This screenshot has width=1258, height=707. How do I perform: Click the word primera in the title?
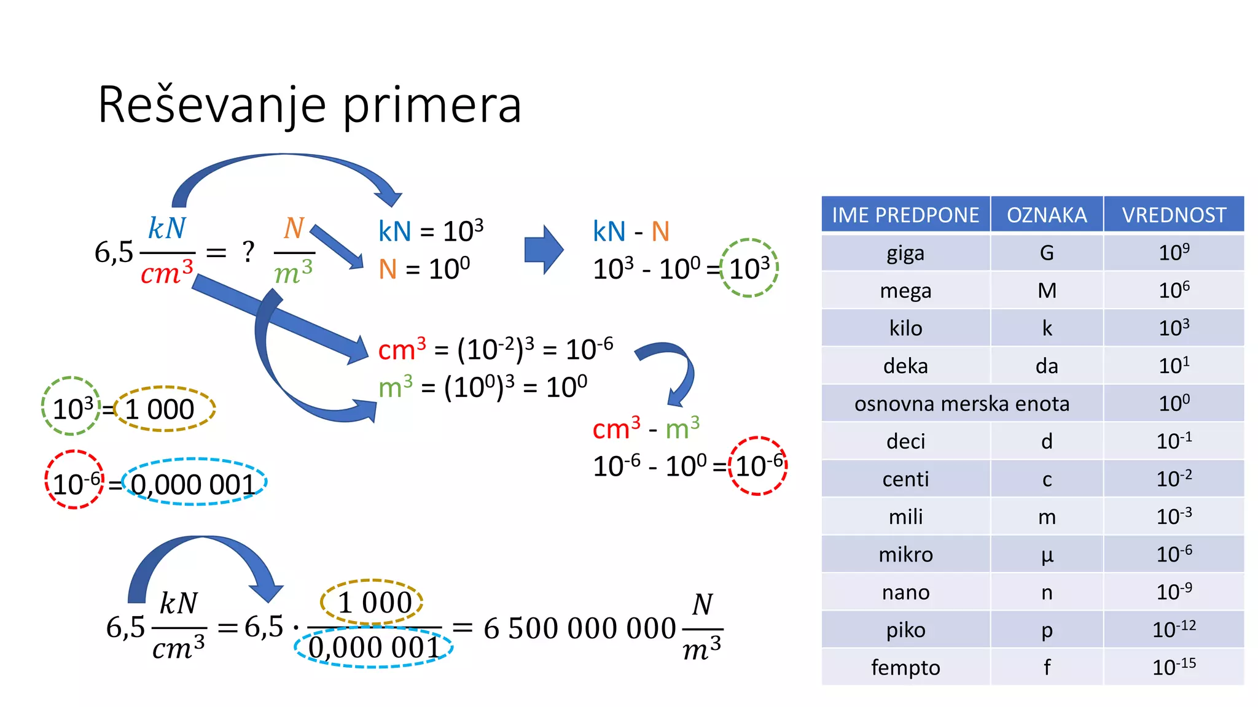431,106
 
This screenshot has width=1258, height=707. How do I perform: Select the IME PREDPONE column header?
905,215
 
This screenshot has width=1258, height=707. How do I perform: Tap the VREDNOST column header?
1174,215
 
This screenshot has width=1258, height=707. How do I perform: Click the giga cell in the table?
905,253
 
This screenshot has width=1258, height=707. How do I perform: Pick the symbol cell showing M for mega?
1047,290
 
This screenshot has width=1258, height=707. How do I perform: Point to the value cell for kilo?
1174,328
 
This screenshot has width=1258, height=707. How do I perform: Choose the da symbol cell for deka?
1047,366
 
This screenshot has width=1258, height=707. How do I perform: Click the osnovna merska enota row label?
962,404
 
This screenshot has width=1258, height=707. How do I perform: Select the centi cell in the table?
905,479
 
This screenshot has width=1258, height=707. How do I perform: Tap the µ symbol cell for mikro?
1047,555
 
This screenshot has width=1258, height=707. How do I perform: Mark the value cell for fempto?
1174,667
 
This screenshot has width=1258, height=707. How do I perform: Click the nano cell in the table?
905,592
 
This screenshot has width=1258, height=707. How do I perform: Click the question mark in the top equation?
248,252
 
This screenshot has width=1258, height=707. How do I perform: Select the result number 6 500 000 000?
579,628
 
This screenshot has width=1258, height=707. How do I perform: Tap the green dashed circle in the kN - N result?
749,268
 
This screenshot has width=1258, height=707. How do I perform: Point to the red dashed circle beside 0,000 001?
74,480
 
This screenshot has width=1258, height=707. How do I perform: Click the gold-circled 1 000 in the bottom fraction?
372,602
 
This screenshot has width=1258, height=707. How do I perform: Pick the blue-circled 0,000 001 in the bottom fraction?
373,647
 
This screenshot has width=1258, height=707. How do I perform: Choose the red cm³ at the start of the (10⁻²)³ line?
402,349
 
